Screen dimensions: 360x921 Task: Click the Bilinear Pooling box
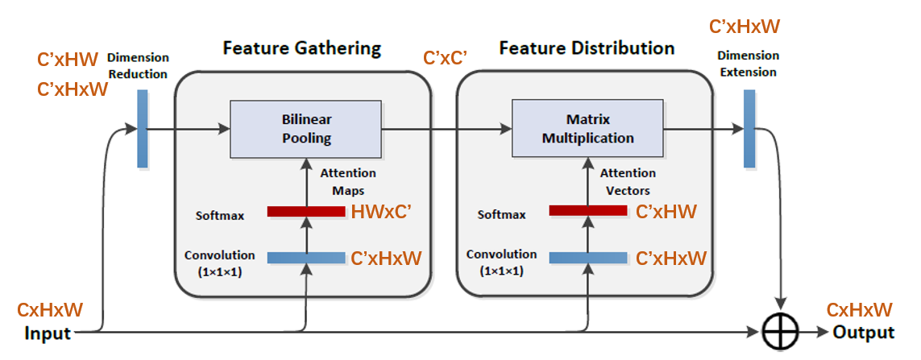(x=306, y=129)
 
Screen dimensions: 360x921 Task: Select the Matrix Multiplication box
(x=587, y=129)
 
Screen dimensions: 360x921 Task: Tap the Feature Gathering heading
(x=301, y=48)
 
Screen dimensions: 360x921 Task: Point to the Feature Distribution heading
(x=587, y=48)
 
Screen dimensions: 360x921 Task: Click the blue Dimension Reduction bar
(x=143, y=129)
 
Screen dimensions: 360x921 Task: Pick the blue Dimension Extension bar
(x=749, y=129)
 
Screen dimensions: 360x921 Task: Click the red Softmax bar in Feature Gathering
(x=305, y=212)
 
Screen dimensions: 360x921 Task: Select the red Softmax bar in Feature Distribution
(x=587, y=211)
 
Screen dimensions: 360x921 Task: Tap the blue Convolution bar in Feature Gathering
(x=305, y=258)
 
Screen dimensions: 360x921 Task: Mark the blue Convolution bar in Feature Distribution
(x=587, y=258)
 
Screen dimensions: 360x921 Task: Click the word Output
(x=863, y=333)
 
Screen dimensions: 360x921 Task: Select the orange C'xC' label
(x=447, y=59)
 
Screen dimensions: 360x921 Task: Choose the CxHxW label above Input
(x=50, y=310)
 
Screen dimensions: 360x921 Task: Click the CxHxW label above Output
(x=859, y=310)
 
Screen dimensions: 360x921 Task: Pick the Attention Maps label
(x=348, y=182)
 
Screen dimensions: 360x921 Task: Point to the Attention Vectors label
(x=629, y=182)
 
